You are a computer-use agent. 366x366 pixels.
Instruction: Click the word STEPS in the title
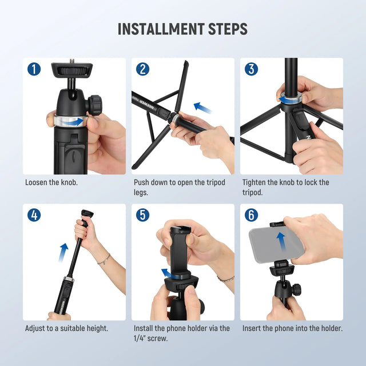pos(227,29)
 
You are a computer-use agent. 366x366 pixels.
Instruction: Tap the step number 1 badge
pos(34,69)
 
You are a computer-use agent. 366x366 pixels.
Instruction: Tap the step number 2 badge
pos(143,69)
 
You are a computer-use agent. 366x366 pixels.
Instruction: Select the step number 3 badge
pos(252,69)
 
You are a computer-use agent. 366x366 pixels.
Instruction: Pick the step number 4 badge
pos(34,216)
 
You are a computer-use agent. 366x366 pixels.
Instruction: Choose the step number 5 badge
pos(143,216)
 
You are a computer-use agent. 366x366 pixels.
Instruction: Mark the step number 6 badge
pos(252,216)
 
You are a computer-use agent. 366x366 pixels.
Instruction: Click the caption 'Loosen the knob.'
pos(51,183)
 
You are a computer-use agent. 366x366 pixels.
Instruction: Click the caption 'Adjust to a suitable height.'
pos(66,329)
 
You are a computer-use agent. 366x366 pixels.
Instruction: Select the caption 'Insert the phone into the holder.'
pos(292,329)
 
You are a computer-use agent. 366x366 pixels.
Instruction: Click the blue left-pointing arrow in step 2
pos(202,107)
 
